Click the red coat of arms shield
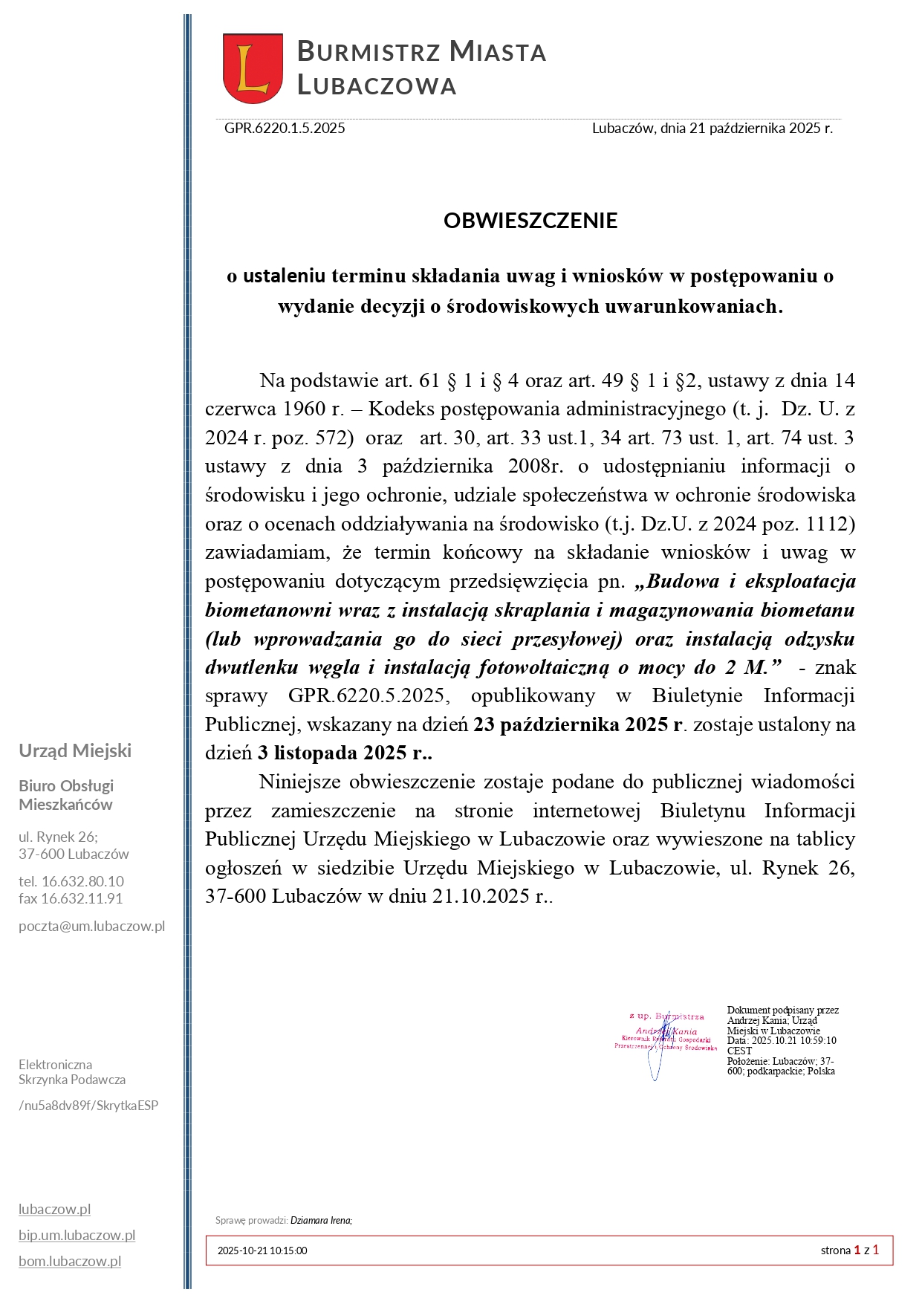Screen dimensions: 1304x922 [x=253, y=68]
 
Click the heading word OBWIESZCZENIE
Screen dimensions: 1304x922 [x=530, y=221]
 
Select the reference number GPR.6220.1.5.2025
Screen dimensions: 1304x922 [x=285, y=128]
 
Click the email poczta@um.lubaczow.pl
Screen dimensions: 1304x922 [x=92, y=927]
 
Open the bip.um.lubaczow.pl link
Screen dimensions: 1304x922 [x=77, y=1235]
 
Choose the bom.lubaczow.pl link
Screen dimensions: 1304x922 [x=70, y=1261]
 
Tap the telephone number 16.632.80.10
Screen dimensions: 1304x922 [x=82, y=881]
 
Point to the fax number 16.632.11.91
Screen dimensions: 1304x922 [x=82, y=898]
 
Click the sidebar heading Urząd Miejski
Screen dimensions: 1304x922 [x=75, y=750]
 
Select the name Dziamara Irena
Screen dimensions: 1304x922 [x=321, y=1220]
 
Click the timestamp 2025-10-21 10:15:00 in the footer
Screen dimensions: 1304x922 [x=262, y=1251]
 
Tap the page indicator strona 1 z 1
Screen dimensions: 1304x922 [x=849, y=1250]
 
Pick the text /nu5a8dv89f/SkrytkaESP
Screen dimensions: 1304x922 [x=88, y=1105]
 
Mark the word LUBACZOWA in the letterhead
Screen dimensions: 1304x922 [x=377, y=85]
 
